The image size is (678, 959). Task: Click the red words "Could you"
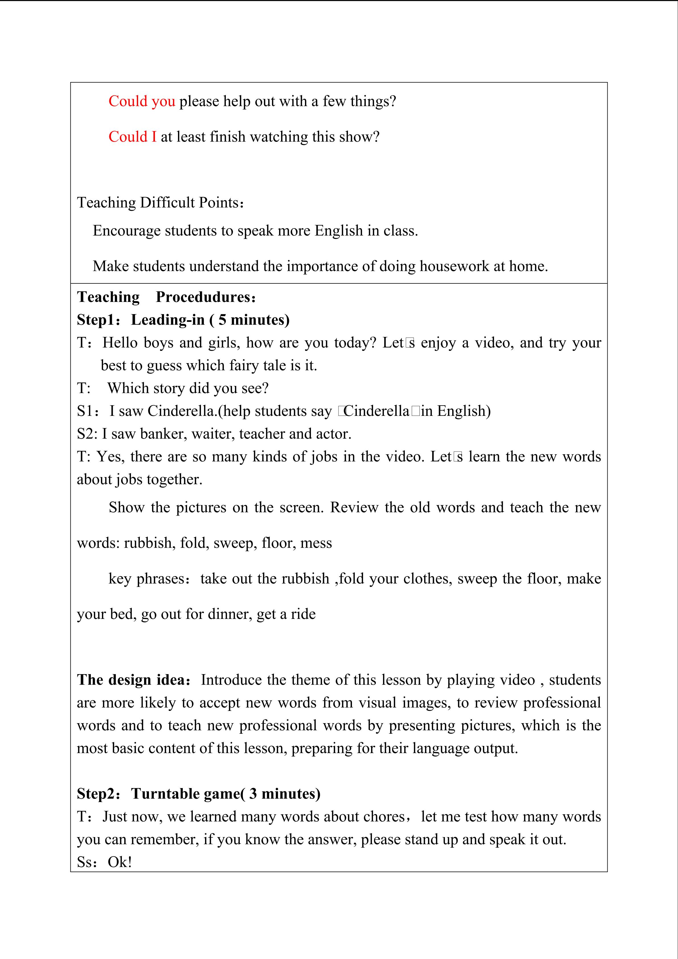(x=142, y=101)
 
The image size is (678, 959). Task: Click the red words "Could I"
(x=132, y=137)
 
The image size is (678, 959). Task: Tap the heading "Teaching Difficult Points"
(x=158, y=203)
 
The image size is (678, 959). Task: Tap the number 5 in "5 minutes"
(x=222, y=320)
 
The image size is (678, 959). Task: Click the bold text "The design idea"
(x=131, y=680)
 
